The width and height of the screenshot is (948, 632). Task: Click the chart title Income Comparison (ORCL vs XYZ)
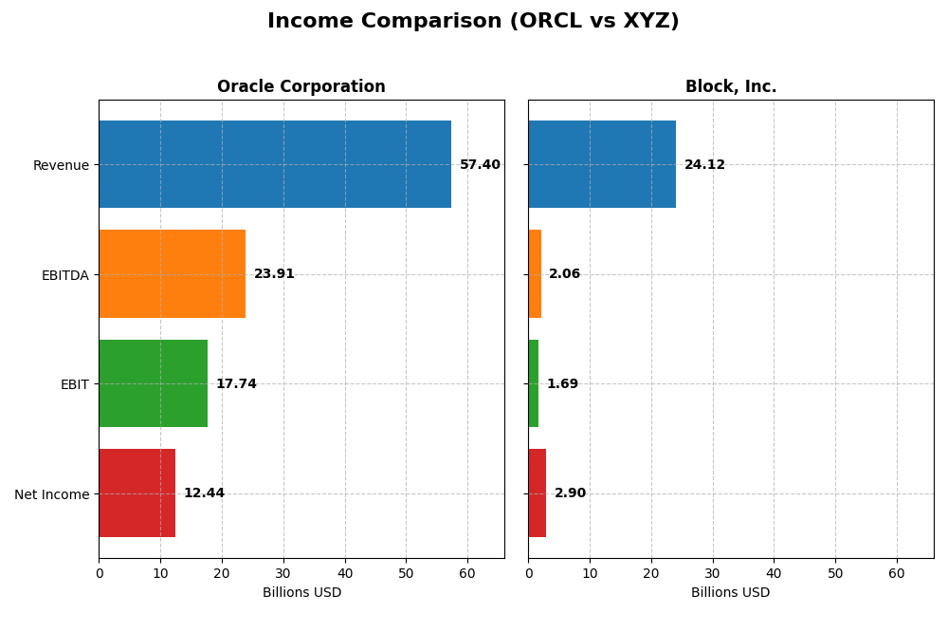pyautogui.click(x=473, y=21)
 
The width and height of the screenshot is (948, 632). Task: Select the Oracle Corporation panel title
pyautogui.click(x=301, y=87)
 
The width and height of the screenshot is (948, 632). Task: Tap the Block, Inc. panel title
pyautogui.click(x=730, y=87)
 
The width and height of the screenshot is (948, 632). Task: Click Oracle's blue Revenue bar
pyautogui.click(x=275, y=164)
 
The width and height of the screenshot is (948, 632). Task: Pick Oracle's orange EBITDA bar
pyautogui.click(x=172, y=273)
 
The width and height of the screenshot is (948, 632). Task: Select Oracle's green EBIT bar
pyautogui.click(x=153, y=383)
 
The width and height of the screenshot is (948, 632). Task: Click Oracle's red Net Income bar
pyautogui.click(x=137, y=493)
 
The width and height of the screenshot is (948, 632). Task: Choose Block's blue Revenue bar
pyautogui.click(x=602, y=164)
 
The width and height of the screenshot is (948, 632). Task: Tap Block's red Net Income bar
pyautogui.click(x=537, y=493)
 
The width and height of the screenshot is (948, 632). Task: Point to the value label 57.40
pyautogui.click(x=480, y=165)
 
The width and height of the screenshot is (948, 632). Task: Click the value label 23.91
pyautogui.click(x=274, y=274)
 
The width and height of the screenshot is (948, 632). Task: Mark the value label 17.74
pyautogui.click(x=236, y=384)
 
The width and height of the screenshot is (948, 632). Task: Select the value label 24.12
pyautogui.click(x=704, y=165)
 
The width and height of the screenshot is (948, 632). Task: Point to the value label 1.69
pyautogui.click(x=562, y=384)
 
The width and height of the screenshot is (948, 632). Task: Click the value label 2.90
pyautogui.click(x=570, y=493)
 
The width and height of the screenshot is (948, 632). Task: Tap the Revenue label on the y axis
pyautogui.click(x=61, y=166)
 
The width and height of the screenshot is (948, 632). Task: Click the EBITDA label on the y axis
pyautogui.click(x=64, y=275)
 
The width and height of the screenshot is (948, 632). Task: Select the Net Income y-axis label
pyautogui.click(x=51, y=494)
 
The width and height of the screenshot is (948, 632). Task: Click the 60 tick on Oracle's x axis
pyautogui.click(x=467, y=573)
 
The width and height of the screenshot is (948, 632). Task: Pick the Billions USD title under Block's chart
pyautogui.click(x=730, y=593)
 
